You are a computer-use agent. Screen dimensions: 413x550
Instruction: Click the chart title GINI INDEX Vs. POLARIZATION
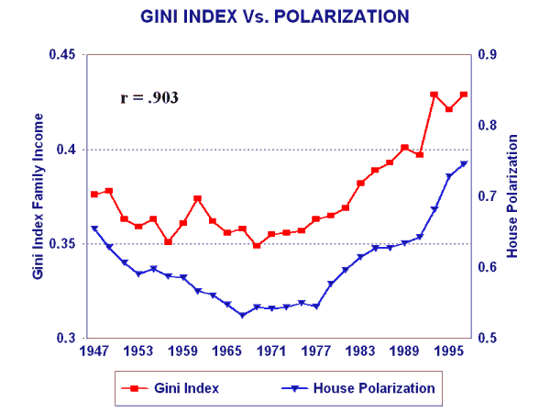(x=275, y=17)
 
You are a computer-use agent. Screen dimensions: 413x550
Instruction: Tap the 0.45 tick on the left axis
(x=61, y=56)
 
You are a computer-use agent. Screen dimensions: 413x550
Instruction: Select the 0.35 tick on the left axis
(x=61, y=244)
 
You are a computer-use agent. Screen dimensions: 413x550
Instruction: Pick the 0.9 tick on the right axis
(x=488, y=56)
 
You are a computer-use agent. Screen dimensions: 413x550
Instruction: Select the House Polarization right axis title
(x=514, y=196)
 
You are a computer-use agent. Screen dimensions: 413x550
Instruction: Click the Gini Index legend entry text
(x=187, y=388)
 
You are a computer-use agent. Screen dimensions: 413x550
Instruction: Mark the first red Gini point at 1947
(x=94, y=195)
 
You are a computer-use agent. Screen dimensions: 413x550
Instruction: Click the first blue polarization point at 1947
(x=94, y=229)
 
